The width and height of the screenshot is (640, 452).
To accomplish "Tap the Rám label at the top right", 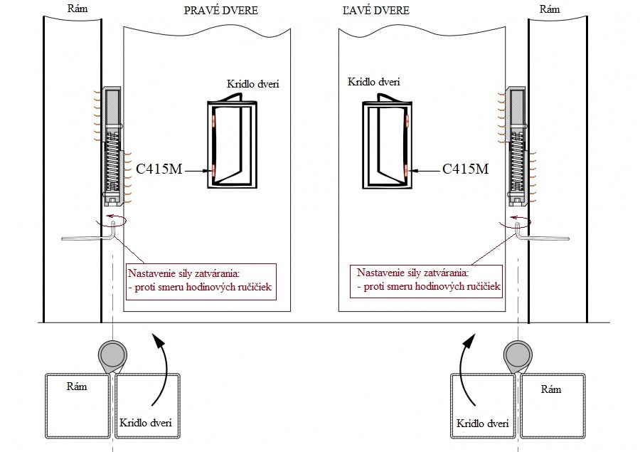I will pyautogui.click(x=550, y=9).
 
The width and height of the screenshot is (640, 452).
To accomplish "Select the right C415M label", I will pyautogui.click(x=465, y=169).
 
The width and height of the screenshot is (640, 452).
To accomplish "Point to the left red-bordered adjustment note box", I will pyautogui.click(x=200, y=280).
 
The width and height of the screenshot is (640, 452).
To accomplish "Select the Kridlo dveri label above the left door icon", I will pyautogui.click(x=252, y=84).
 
